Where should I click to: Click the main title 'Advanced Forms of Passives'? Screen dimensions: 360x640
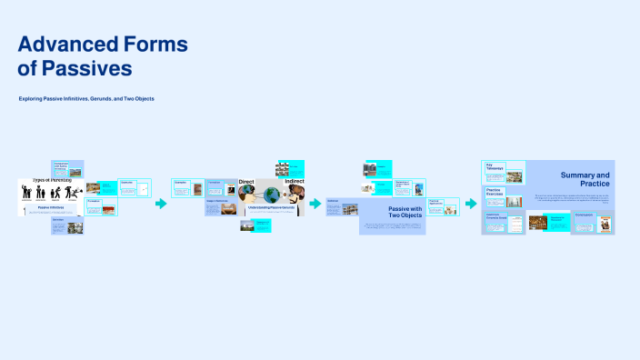103,55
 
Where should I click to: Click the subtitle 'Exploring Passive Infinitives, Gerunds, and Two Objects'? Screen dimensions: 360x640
86,98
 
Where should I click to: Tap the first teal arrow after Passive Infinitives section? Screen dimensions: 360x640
161,204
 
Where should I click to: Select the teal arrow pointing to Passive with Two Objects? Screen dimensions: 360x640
315,204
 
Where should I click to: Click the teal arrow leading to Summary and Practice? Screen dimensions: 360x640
471,204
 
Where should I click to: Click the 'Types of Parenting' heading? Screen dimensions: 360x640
52,181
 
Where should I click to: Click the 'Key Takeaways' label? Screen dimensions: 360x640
496,168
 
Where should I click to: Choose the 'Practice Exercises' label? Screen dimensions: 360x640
496,193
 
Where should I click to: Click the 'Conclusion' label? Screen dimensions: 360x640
584,215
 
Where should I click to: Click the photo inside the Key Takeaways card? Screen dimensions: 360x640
515,177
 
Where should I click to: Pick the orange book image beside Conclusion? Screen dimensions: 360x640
604,225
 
